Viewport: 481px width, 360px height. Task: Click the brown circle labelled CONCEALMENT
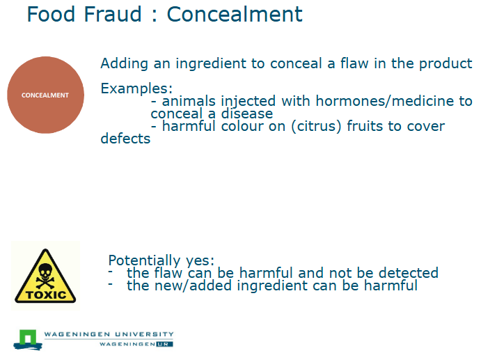[45, 95]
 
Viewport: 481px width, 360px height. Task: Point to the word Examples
[136, 89]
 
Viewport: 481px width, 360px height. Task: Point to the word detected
[407, 272]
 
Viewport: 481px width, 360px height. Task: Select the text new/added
[190, 285]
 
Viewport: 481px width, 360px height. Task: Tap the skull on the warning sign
[45, 272]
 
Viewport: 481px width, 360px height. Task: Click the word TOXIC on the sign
[45, 295]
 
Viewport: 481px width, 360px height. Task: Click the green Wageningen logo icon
[26, 339]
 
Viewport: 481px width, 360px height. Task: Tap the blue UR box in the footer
[164, 344]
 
